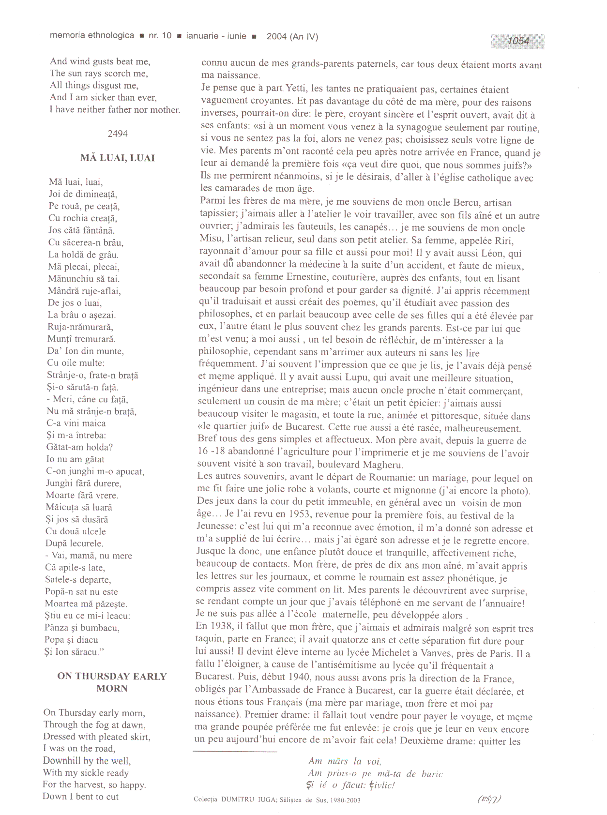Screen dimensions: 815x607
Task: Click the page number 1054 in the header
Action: [x=518, y=41]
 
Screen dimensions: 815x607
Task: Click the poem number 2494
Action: [x=118, y=134]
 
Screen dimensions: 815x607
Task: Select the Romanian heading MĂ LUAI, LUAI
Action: [x=118, y=158]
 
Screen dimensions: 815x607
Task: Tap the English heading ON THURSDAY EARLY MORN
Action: [x=112, y=682]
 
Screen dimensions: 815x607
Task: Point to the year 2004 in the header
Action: [x=276, y=36]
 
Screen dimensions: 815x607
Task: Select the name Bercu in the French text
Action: [x=469, y=202]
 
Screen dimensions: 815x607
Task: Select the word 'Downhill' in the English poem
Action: [x=62, y=760]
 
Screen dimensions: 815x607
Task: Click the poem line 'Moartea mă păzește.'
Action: [x=86, y=604]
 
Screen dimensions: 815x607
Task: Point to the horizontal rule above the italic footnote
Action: [x=235, y=752]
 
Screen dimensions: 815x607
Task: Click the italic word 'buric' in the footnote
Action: [x=432, y=773]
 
